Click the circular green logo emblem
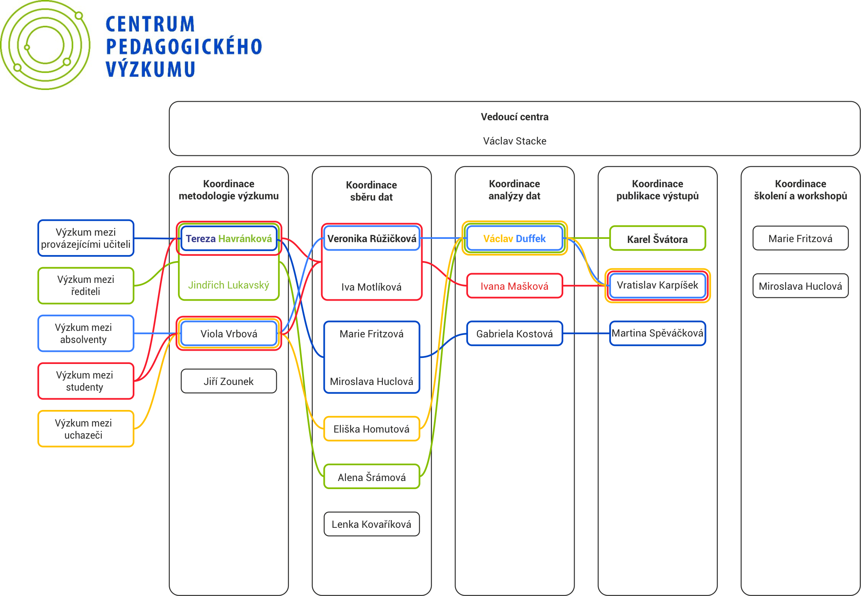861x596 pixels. click(45, 45)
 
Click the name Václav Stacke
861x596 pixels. click(514, 141)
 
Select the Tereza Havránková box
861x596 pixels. click(229, 238)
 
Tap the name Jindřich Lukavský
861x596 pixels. click(229, 285)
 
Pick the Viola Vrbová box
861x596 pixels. click(229, 334)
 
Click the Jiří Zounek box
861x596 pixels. click(229, 381)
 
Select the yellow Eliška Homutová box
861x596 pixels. click(372, 429)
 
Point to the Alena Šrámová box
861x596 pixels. click(372, 477)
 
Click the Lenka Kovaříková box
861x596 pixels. click(372, 524)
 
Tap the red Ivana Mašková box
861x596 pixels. click(514, 286)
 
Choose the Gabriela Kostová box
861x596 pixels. click(514, 334)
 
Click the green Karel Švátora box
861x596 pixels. click(657, 239)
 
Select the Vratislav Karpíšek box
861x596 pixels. click(657, 285)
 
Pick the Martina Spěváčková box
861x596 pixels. click(657, 333)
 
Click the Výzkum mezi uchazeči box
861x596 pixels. click(86, 429)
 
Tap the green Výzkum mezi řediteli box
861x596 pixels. click(86, 285)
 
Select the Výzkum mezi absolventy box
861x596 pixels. click(86, 333)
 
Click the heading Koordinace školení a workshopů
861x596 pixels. click(800, 190)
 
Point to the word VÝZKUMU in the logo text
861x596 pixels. click(150, 69)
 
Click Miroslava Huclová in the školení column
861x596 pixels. click(800, 286)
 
